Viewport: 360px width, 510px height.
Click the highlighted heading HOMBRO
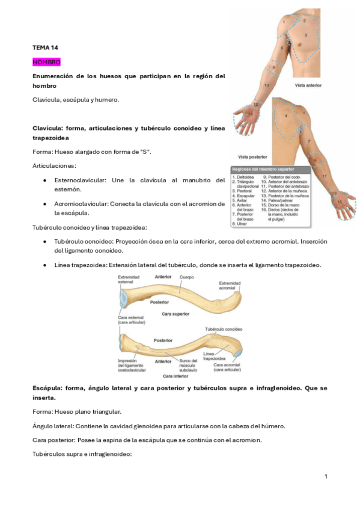[46, 62]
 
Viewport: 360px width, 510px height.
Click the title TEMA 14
[45, 47]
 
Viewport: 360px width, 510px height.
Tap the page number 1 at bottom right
[325, 476]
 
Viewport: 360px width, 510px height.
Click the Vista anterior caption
[308, 86]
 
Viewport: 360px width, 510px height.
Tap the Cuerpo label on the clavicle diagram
[187, 277]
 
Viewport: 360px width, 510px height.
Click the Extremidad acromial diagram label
[230, 285]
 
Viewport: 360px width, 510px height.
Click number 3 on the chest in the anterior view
[305, 35]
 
